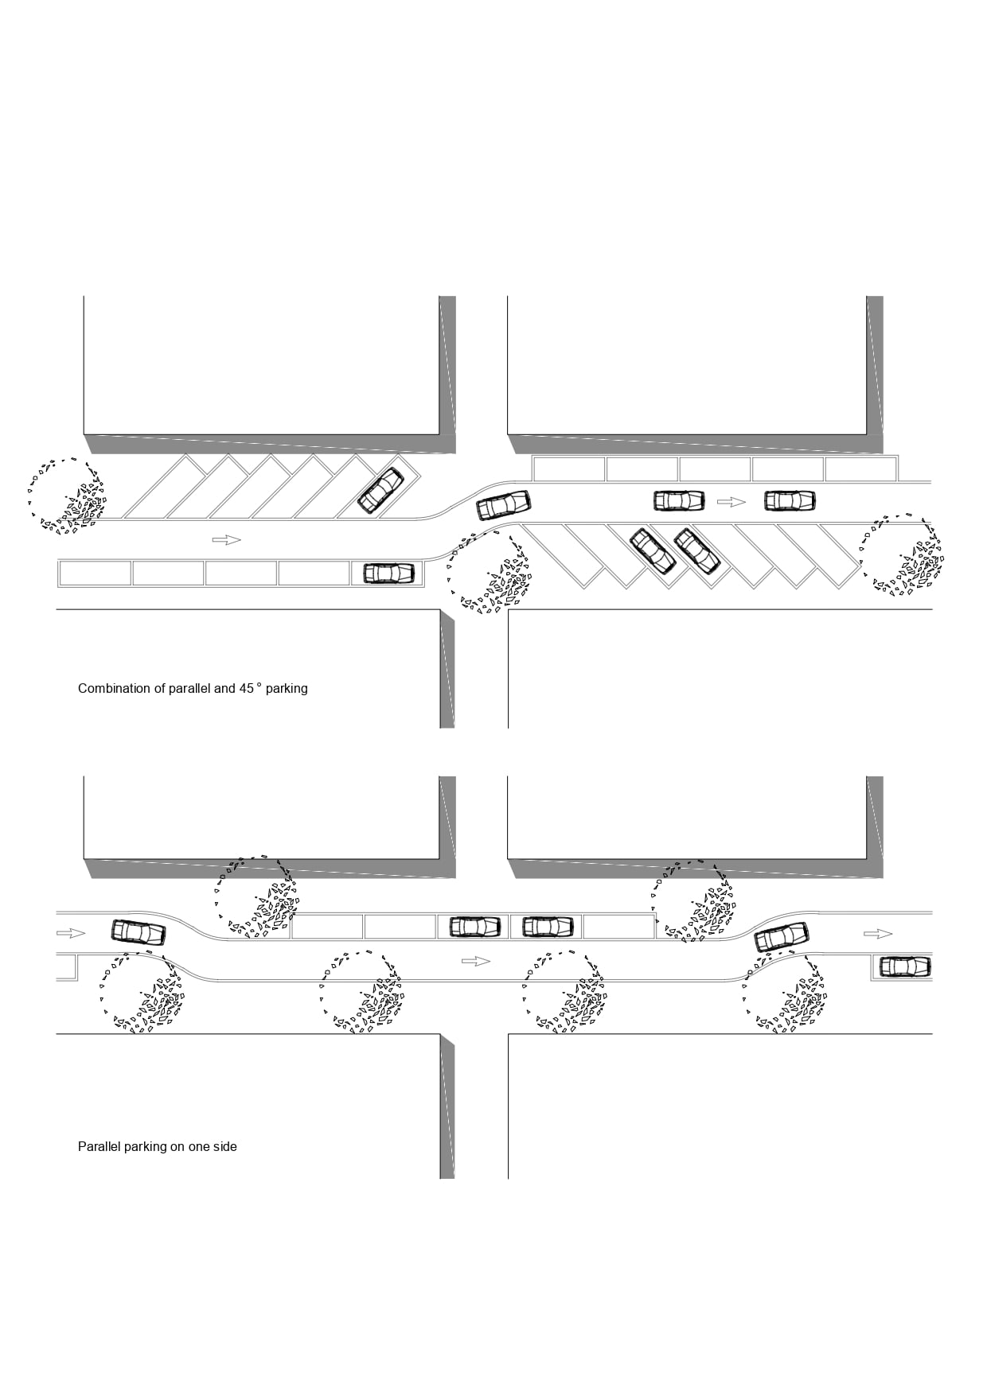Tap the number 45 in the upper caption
pos(247,689)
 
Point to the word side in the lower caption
pos(224,1147)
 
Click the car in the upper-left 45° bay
pos(380,491)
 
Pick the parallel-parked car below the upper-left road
pos(389,573)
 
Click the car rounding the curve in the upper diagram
pos(504,505)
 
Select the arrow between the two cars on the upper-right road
pos(731,502)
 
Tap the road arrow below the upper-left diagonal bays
pos(227,540)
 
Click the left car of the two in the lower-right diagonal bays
pos(653,551)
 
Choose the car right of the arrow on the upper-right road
pos(790,501)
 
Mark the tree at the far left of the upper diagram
pos(67,496)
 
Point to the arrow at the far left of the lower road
pos(71,933)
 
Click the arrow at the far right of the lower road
pos(878,934)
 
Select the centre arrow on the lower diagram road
pos(476,962)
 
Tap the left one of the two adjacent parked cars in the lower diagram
pos(475,927)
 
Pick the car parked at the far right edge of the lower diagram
pos(905,966)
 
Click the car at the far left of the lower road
pos(138,932)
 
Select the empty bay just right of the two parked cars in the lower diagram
pos(618,927)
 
